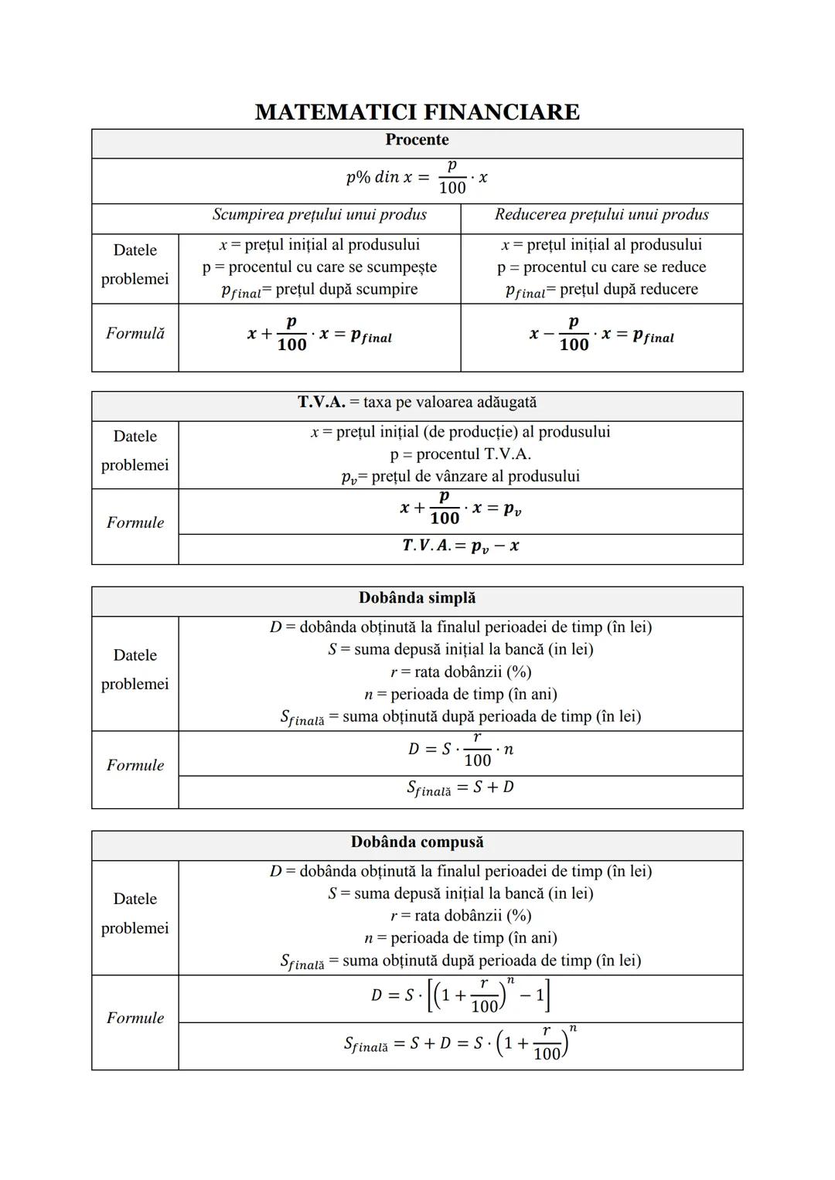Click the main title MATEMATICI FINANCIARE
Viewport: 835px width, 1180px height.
point(417,112)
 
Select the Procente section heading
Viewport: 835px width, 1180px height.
point(417,140)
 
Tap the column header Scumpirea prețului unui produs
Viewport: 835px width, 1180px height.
point(319,215)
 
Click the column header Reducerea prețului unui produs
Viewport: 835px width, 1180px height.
point(602,215)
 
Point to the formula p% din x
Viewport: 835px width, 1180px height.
point(417,178)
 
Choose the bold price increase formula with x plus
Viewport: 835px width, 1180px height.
point(319,335)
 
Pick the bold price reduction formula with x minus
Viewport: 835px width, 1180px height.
point(602,335)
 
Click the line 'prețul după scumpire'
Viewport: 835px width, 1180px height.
point(319,290)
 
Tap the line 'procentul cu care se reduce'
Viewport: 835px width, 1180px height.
point(602,267)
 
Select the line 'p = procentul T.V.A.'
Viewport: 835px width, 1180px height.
point(460,454)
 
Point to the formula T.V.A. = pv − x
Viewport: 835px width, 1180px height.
point(460,546)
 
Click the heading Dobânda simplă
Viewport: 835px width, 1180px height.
point(417,598)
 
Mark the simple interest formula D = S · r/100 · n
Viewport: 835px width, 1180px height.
point(460,750)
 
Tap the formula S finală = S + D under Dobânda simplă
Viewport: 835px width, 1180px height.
point(460,788)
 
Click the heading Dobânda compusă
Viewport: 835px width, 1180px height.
point(417,842)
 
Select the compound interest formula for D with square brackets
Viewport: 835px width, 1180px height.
point(460,996)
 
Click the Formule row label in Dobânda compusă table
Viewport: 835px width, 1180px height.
point(135,1018)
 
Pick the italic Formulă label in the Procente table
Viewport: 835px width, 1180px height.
point(135,334)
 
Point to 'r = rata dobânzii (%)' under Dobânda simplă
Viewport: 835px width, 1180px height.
point(460,672)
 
